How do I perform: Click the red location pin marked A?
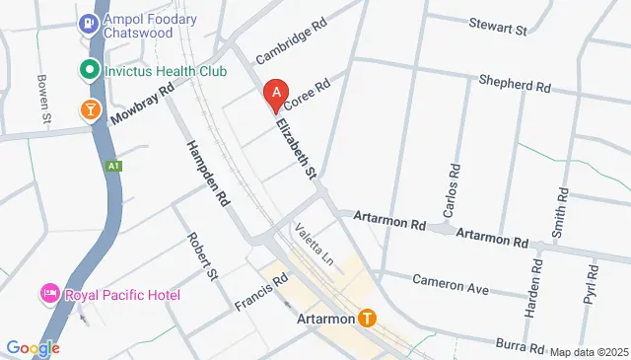277,95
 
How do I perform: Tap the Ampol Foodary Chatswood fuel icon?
90,21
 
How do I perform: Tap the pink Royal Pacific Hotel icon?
47,294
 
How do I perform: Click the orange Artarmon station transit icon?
367,319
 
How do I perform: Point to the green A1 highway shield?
114,166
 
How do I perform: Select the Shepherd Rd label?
514,85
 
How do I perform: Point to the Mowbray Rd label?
141,103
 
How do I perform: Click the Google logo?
33,347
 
